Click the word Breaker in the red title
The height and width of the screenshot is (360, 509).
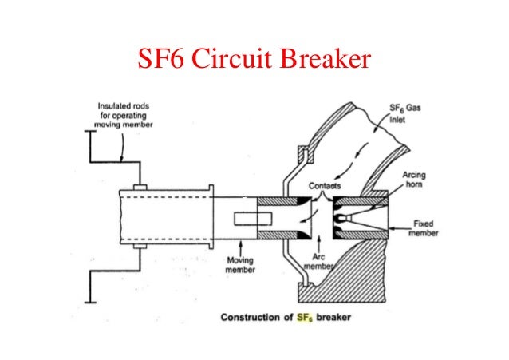tap(326, 60)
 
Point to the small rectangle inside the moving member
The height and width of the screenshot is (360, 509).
tap(248, 220)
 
